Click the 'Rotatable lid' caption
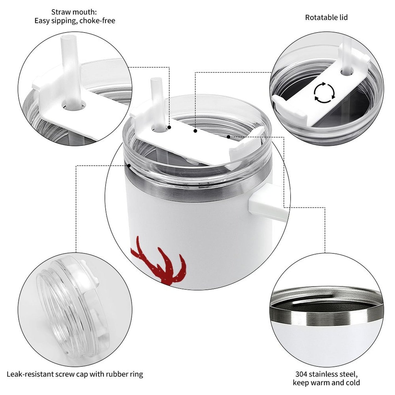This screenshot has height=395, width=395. tap(326, 17)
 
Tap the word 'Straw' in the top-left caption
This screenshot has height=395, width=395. tap(60, 12)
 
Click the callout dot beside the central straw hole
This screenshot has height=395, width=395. tap(169, 127)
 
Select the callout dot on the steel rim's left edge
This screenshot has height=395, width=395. tap(129, 165)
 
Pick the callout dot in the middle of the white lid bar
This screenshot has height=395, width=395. tap(195, 131)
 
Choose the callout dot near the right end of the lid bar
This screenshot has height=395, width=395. tap(228, 137)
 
